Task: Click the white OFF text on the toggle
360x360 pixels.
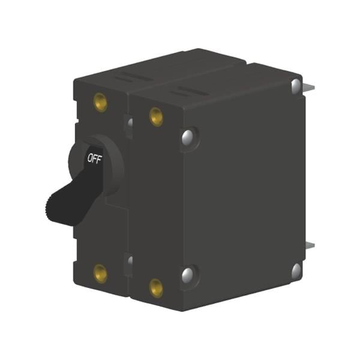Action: coord(94,159)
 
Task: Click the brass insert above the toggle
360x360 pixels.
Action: coord(101,103)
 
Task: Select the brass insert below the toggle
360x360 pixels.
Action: coord(101,274)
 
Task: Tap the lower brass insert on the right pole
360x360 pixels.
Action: coord(156,287)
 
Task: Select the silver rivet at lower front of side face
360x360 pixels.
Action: coord(188,275)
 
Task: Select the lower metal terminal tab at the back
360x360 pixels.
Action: coord(308,247)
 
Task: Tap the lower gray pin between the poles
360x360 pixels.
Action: coord(129,260)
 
